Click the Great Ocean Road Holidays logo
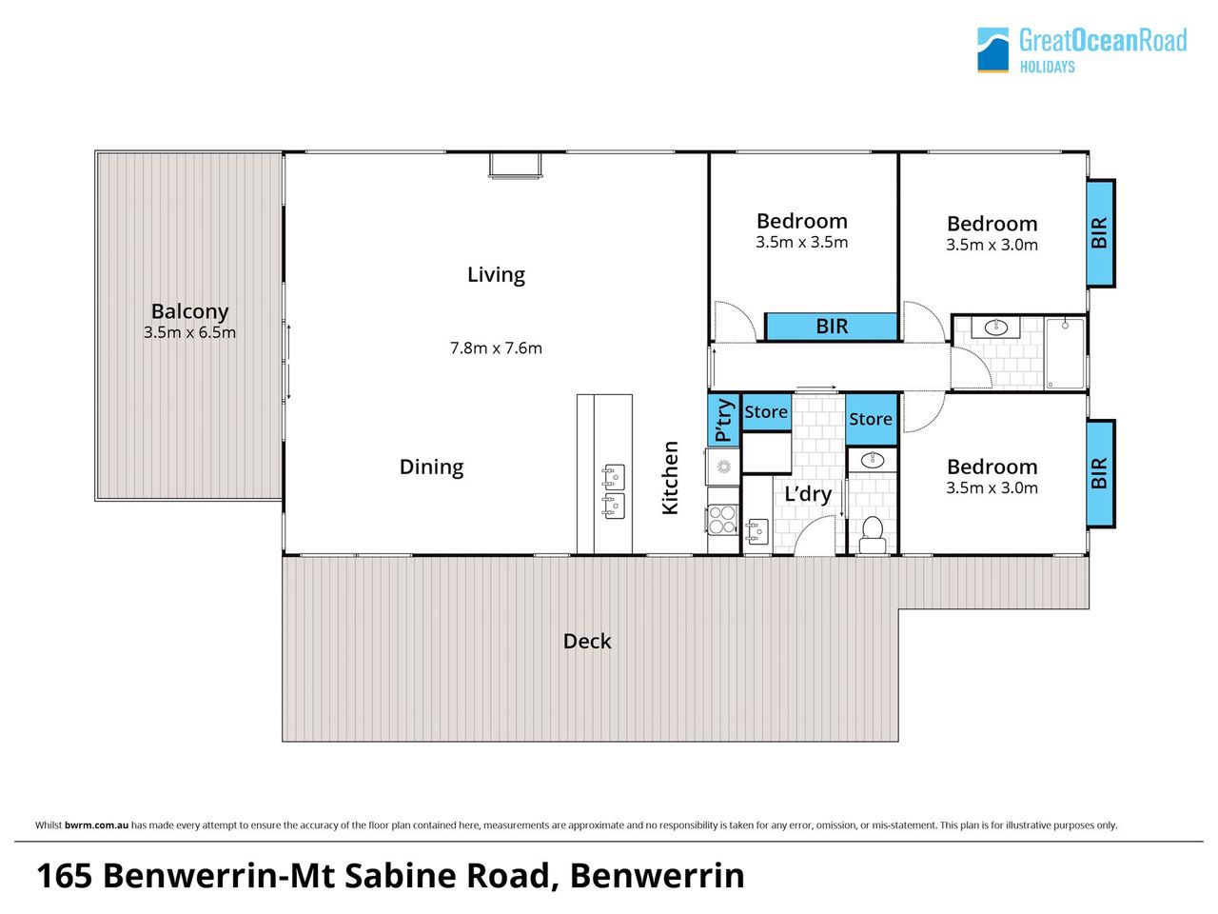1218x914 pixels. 1081,50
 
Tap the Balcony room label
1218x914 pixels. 189,312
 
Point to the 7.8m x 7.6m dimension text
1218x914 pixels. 496,348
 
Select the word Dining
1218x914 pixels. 431,467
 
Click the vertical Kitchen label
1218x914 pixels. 670,478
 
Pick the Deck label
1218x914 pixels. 586,642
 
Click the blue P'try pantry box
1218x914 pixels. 724,420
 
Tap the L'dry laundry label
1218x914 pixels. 808,494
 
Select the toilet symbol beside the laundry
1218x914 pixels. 873,535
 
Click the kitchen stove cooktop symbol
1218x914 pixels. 723,520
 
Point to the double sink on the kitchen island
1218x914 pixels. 614,491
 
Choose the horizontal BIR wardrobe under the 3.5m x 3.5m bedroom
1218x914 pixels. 832,327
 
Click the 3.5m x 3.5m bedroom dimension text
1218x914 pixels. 801,243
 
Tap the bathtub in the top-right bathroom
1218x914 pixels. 1065,353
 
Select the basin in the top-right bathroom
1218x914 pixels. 996,328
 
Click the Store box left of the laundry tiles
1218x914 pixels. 766,412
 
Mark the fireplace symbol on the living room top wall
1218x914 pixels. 515,166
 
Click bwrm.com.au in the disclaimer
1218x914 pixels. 96,825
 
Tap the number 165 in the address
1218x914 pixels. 65,876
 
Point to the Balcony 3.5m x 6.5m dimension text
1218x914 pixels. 189,332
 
